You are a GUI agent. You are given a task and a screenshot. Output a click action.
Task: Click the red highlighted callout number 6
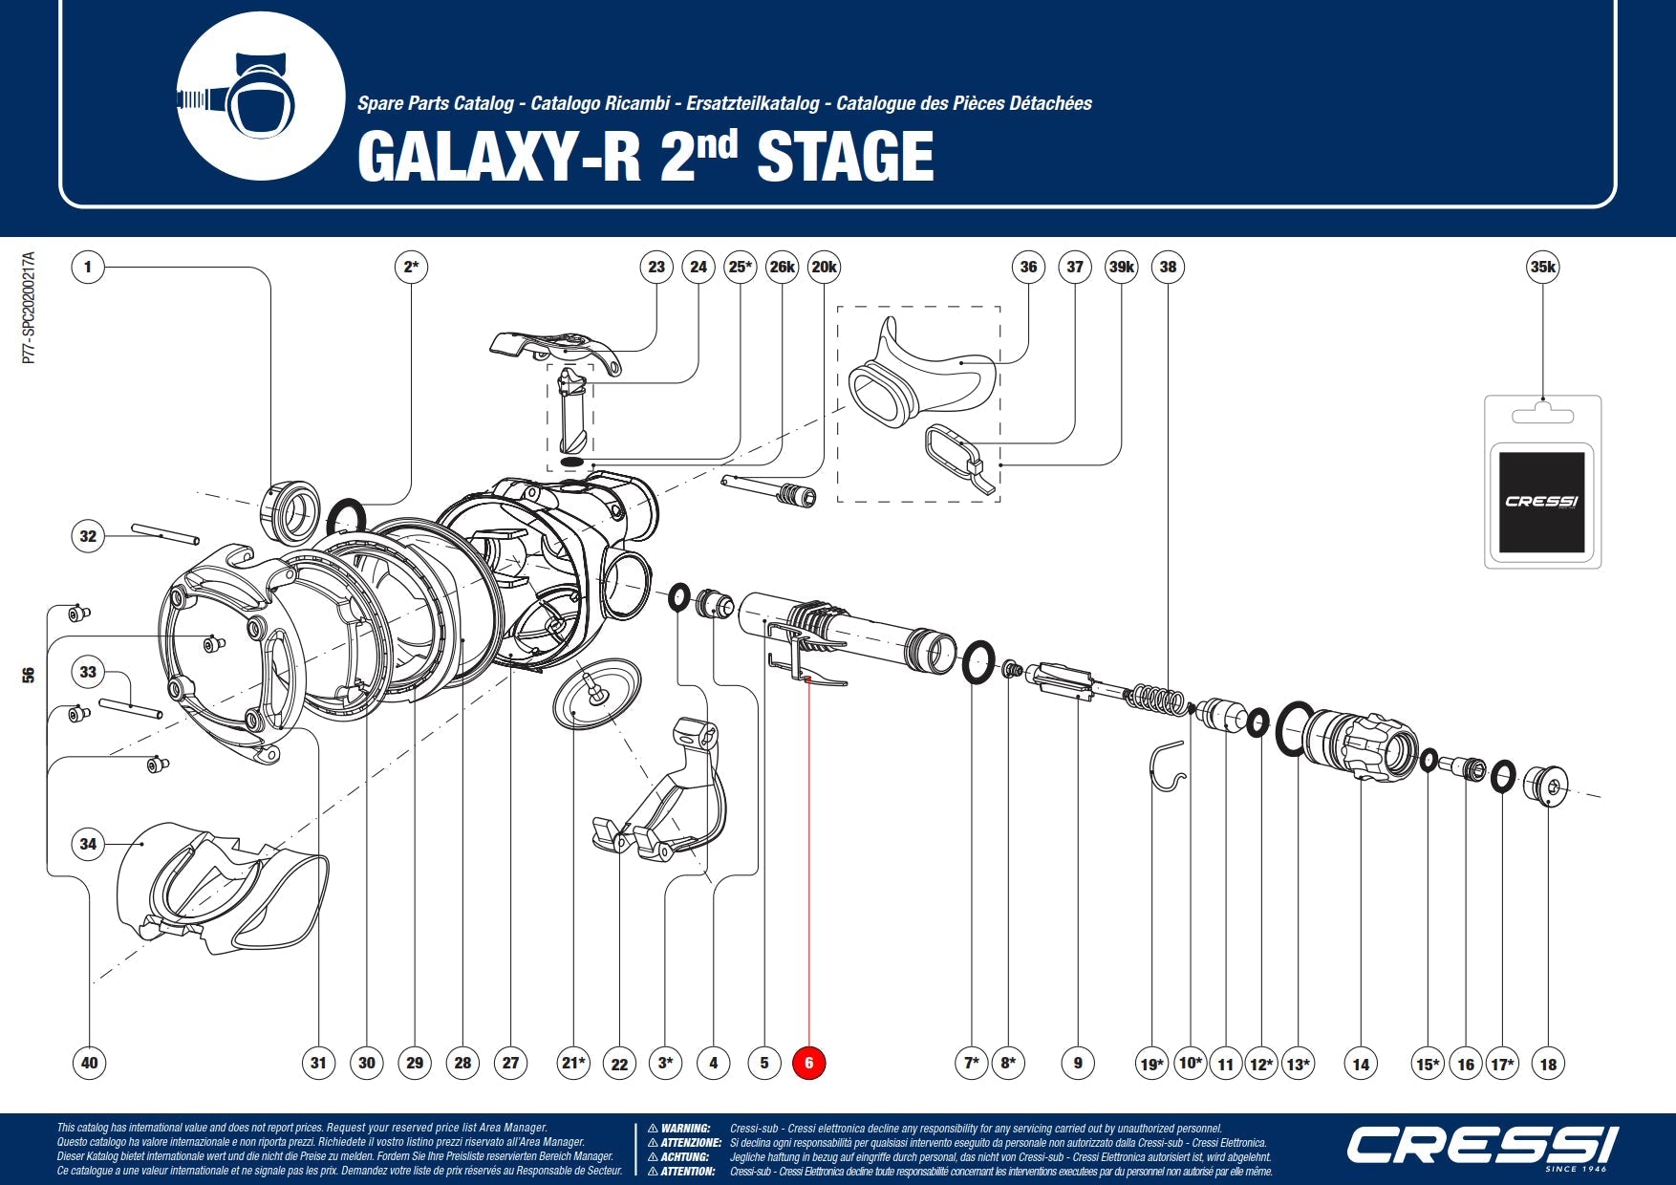tap(808, 1063)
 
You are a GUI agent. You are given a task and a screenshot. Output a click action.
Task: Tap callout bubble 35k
tap(1542, 267)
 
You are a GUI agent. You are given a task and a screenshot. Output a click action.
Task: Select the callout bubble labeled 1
tap(88, 267)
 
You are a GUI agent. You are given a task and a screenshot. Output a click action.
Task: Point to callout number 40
tap(89, 1063)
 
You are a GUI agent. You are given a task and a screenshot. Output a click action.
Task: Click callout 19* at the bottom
tap(1152, 1064)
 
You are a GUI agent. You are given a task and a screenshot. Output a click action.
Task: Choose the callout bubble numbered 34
tap(88, 844)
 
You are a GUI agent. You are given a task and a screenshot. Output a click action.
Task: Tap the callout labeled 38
tap(1168, 267)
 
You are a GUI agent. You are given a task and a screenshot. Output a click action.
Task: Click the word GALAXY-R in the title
tap(498, 156)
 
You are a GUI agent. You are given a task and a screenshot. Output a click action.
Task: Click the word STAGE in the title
tap(845, 156)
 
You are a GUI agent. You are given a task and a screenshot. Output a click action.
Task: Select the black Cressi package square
tap(1541, 502)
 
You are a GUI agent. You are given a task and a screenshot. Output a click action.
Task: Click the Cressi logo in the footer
tap(1482, 1145)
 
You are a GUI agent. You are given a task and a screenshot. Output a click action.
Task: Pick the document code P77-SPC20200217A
tap(30, 308)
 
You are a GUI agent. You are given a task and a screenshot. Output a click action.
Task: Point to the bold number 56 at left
tap(29, 675)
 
